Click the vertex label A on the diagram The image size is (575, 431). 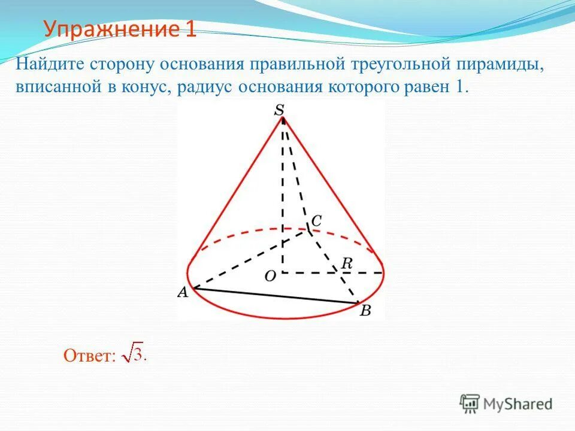click(182, 293)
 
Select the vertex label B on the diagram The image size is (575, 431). click(365, 311)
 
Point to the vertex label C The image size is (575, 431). click(316, 220)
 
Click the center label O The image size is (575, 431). click(271, 275)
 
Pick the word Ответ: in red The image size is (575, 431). click(89, 356)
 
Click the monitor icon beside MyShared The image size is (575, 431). click(470, 403)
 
